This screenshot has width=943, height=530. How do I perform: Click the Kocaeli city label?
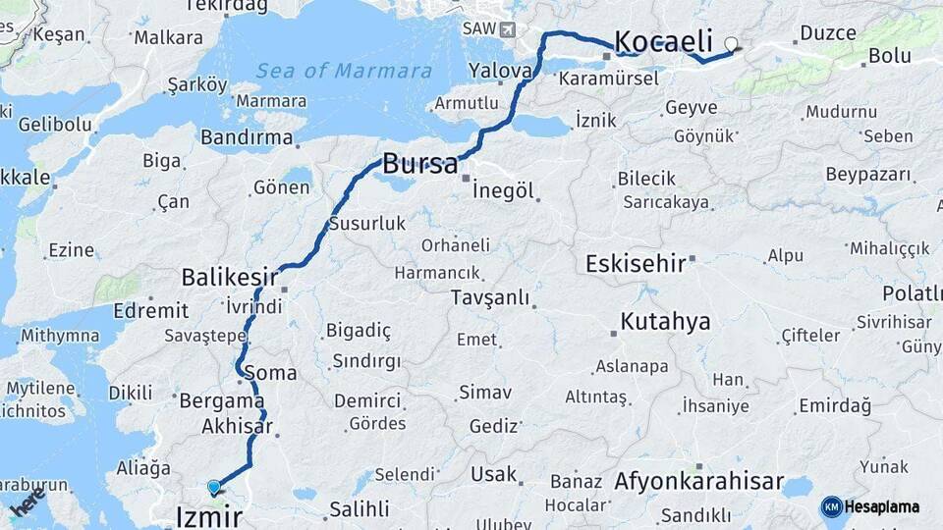pos(663,41)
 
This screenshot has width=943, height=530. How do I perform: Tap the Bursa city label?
pos(419,164)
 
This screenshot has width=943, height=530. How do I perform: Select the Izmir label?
pos(208,516)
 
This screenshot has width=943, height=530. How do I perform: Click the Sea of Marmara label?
pos(343,71)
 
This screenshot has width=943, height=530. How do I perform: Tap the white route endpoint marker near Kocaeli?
pos(731,43)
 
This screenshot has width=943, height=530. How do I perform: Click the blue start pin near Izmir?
pos(214,486)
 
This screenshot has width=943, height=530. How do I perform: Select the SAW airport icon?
pos(507,29)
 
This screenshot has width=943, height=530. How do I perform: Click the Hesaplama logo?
pos(870,506)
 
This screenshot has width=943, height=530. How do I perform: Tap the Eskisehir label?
pos(635,263)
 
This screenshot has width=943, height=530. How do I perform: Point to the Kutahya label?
pos(665,322)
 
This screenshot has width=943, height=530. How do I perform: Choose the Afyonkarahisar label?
pos(698,482)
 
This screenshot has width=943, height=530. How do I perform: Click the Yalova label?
pos(500,71)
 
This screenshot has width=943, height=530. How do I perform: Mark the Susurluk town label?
pos(366,224)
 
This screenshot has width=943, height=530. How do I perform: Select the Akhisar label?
pos(236,427)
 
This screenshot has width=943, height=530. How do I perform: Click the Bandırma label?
pos(247,137)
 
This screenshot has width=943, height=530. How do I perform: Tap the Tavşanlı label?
pos(489,297)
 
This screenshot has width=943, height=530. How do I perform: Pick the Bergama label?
pos(221,400)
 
